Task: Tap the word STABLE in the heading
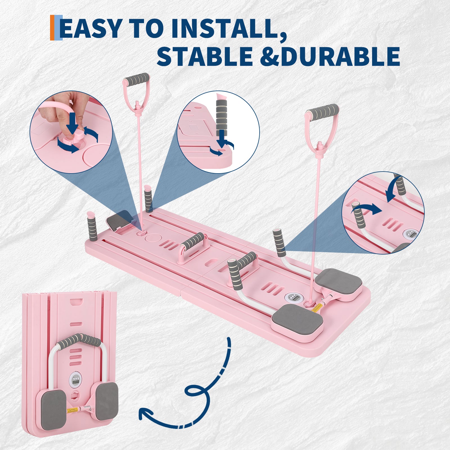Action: point(205,56)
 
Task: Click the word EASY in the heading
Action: point(91,28)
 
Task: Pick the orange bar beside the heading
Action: point(52,28)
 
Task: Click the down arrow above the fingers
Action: point(72,123)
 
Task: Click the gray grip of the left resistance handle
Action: point(137,78)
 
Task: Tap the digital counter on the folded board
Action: point(75,380)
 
